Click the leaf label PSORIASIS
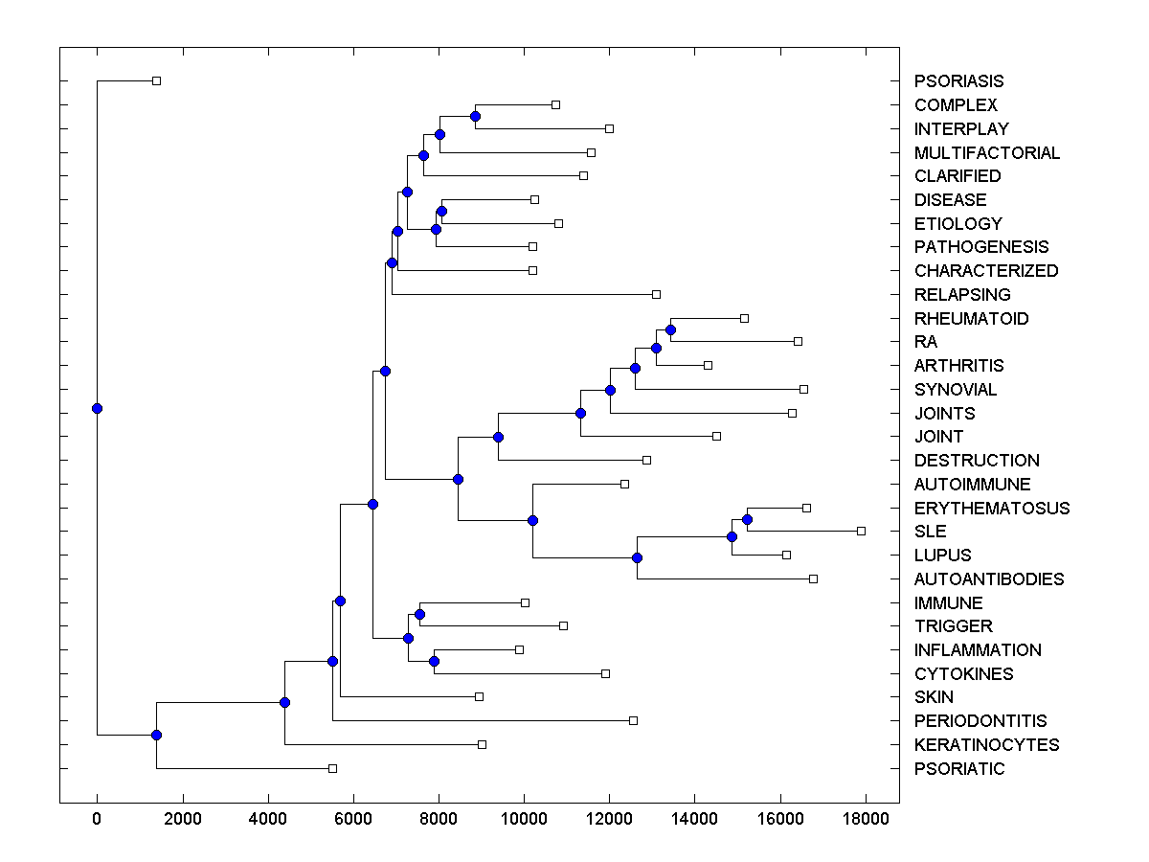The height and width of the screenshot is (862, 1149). click(958, 81)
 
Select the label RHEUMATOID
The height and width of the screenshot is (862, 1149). click(971, 318)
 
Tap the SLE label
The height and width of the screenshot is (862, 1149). click(930, 532)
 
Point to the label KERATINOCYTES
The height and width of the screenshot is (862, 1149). click(986, 744)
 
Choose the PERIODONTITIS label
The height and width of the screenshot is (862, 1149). click(980, 721)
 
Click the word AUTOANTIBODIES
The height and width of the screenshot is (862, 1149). click(989, 578)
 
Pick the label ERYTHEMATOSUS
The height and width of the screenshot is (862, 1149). click(992, 508)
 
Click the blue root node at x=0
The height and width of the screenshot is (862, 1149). click(97, 409)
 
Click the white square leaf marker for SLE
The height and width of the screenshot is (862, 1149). click(861, 531)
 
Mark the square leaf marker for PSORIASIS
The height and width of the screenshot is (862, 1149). click(157, 81)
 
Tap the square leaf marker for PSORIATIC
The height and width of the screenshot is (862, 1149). click(332, 768)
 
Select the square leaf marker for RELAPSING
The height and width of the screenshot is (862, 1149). click(656, 294)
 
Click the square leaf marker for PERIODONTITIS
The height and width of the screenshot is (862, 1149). click(633, 720)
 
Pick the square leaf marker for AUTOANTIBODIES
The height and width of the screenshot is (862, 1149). click(813, 578)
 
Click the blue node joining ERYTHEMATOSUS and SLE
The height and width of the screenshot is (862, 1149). click(747, 519)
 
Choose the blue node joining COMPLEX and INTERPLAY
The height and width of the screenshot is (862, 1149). click(475, 117)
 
